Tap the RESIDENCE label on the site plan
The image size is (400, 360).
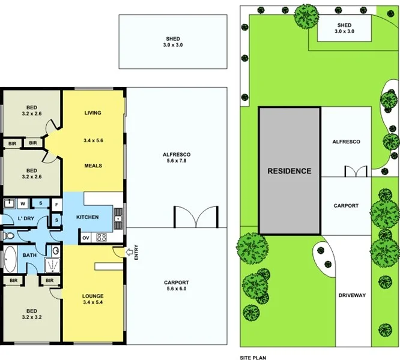point(289,171)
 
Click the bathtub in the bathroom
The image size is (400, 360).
point(10,259)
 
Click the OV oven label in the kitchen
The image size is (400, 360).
point(85,238)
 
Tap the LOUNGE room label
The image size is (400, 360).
point(93,296)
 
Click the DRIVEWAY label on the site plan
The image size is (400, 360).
point(351,295)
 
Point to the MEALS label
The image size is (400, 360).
point(92,166)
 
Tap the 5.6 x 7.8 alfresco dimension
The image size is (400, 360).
point(177,162)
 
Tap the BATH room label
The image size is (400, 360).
point(30,255)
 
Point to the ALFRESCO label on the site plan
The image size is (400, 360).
point(346,142)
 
